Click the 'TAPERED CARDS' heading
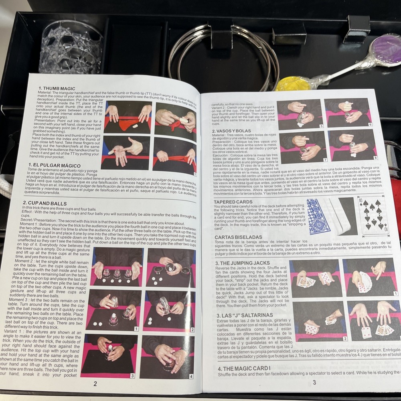[233, 202]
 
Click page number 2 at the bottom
[95, 384]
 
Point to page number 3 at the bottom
[314, 383]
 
